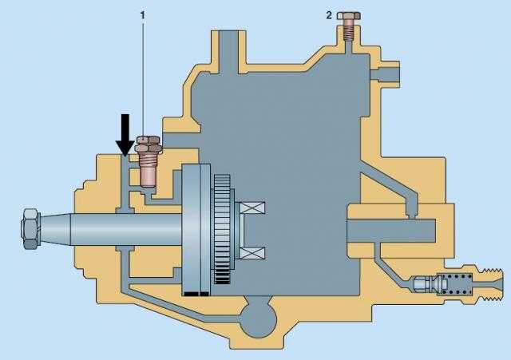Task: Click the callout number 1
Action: [142, 14]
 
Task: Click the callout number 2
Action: [329, 15]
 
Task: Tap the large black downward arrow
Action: [125, 135]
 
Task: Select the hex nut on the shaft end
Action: [30, 228]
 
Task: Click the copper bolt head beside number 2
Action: [349, 15]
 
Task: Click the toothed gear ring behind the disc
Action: [223, 229]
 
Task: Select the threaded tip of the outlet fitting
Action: [492, 283]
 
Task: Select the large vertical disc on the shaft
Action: [196, 230]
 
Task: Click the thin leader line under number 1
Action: [142, 78]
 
